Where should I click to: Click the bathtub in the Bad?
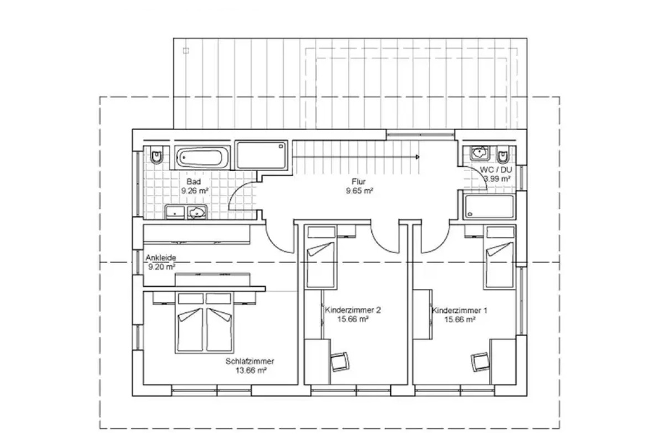(x=203, y=157)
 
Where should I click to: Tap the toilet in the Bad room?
(x=156, y=155)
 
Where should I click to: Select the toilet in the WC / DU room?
(x=503, y=154)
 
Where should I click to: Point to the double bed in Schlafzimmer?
(x=204, y=322)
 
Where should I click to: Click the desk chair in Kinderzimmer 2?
(x=340, y=362)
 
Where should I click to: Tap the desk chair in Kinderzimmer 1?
(x=480, y=362)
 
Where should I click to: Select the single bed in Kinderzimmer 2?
(x=321, y=257)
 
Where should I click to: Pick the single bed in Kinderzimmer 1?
(x=500, y=257)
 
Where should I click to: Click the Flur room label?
(x=359, y=181)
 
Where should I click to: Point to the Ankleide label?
(x=160, y=257)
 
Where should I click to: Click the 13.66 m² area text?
(x=251, y=370)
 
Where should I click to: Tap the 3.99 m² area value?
(x=497, y=179)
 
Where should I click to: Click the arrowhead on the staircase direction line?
(x=418, y=157)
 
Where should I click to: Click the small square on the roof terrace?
(x=186, y=51)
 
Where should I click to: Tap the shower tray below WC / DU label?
(x=490, y=207)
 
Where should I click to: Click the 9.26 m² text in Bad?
(x=195, y=190)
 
